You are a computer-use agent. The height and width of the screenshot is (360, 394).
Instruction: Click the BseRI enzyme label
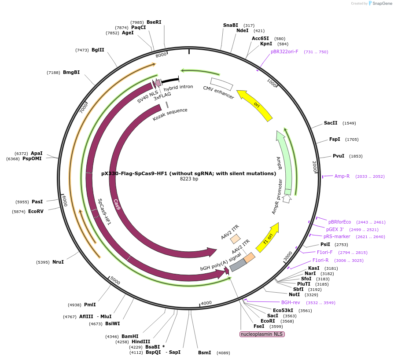click(154, 22)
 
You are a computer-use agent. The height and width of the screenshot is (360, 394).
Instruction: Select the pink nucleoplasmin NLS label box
click(262, 334)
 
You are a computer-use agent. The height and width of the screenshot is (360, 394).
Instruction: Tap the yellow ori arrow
click(255, 105)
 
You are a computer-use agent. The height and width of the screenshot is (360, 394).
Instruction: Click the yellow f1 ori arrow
click(268, 238)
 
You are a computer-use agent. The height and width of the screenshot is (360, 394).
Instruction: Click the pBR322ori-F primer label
click(284, 51)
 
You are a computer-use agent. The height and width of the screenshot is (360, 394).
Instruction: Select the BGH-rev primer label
click(291, 302)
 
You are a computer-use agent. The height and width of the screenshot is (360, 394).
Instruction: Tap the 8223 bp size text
click(189, 179)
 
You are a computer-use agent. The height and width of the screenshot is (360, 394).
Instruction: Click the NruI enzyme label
click(58, 262)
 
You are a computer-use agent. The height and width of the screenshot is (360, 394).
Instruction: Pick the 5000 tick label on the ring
click(115, 280)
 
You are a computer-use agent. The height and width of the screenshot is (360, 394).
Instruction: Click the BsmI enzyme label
click(205, 353)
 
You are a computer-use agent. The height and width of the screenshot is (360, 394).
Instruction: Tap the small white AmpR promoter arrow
click(287, 199)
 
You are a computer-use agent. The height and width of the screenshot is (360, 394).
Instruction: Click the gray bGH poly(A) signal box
click(238, 264)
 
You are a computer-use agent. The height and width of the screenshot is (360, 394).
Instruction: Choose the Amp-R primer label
click(342, 176)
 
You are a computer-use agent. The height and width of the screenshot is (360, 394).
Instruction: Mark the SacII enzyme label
click(331, 123)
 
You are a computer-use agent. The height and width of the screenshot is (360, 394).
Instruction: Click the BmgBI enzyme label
click(71, 72)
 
